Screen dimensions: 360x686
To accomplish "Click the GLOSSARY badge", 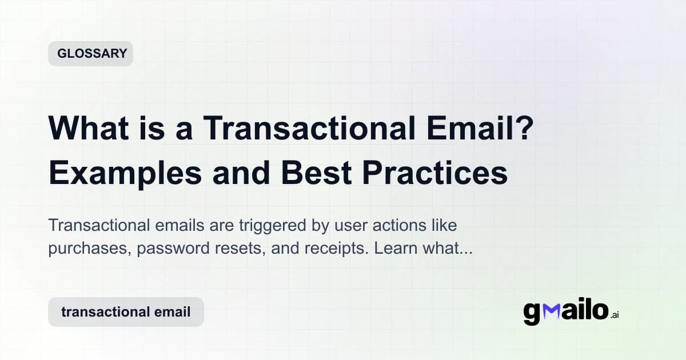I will [x=90, y=54].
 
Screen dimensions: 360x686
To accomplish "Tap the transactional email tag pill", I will [x=126, y=312].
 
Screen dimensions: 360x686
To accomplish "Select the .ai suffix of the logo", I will [x=615, y=315].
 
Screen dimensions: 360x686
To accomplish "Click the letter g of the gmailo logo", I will [x=532, y=313].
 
